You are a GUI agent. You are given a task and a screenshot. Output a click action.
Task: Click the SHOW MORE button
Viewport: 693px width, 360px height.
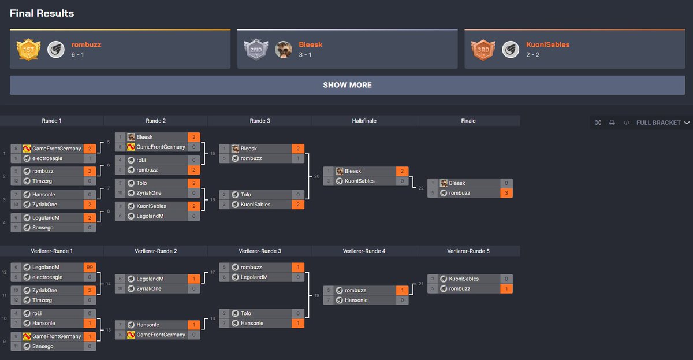(x=347, y=85)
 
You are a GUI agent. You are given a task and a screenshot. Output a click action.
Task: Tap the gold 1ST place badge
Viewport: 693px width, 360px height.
(x=28, y=50)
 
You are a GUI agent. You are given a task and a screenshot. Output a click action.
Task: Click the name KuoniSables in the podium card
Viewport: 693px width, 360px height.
(x=547, y=44)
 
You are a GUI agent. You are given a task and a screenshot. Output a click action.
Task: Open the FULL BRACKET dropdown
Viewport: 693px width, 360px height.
(x=662, y=123)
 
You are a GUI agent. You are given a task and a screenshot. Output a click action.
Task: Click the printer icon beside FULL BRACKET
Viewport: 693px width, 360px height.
(x=612, y=123)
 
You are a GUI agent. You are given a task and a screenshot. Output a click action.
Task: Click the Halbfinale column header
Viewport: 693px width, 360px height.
(x=364, y=121)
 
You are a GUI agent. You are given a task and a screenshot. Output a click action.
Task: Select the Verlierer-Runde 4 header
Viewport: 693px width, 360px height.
(x=364, y=251)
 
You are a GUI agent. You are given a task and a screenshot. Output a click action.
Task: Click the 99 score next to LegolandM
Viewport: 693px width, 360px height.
(x=89, y=268)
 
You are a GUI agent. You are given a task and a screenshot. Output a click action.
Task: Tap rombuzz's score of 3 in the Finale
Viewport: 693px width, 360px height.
(x=506, y=193)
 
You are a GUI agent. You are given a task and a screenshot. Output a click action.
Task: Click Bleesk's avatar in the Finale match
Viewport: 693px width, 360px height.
(x=443, y=183)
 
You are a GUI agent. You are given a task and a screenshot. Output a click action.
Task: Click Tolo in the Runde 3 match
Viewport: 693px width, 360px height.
(x=247, y=195)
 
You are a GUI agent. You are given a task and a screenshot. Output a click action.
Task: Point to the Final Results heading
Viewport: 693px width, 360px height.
(x=42, y=13)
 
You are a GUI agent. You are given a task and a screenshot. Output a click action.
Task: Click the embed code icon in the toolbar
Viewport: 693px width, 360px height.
(x=626, y=123)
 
